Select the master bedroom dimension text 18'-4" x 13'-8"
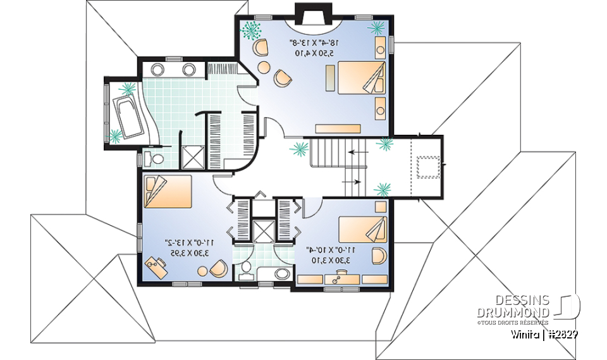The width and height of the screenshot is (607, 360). [x=314, y=48]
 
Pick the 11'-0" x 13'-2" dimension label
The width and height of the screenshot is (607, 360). [x=187, y=247]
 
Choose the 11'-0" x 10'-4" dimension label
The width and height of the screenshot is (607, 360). [x=330, y=254]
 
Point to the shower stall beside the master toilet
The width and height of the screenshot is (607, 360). [x=191, y=156]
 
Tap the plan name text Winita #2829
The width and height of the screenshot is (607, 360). [x=546, y=333]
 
